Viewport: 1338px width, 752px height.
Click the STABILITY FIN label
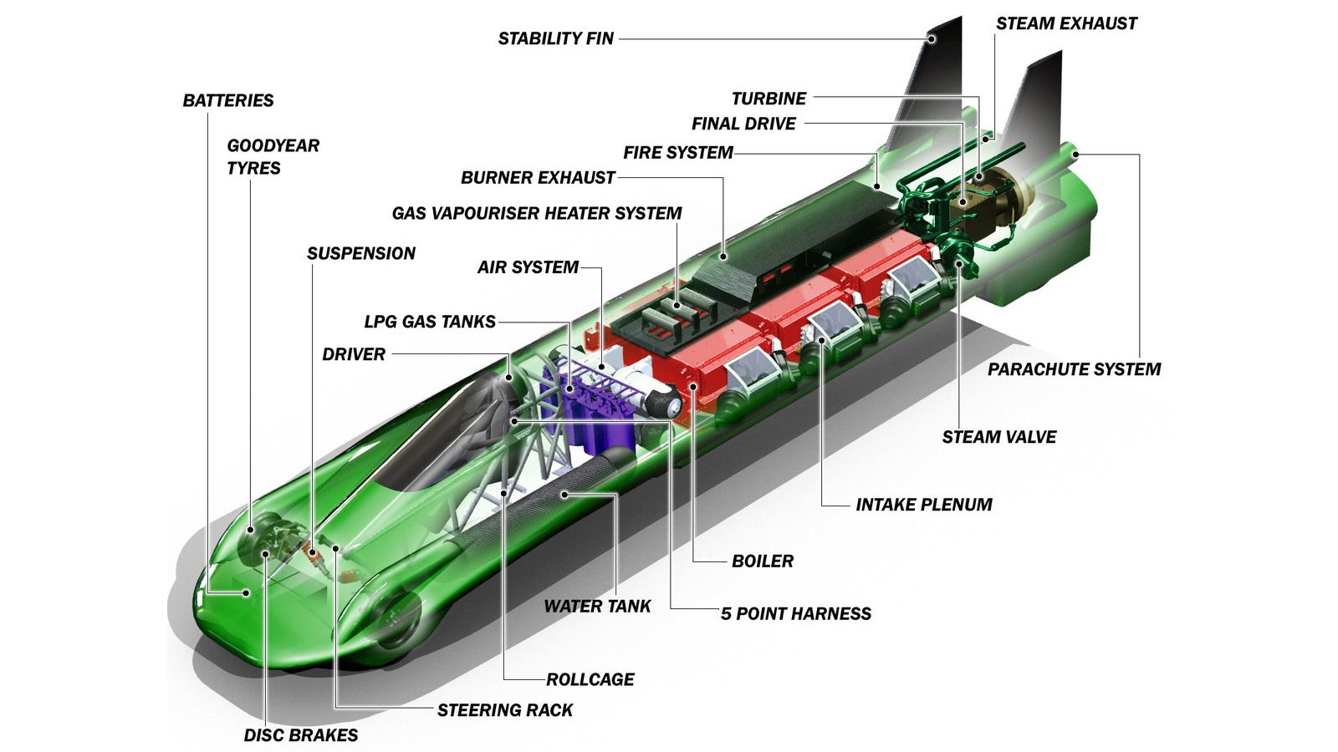click(555, 38)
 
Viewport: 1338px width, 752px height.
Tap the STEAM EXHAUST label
click(1066, 23)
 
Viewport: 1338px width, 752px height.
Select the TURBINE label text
click(769, 99)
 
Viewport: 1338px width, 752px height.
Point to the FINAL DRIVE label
click(743, 124)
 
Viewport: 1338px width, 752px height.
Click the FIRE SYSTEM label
click(677, 152)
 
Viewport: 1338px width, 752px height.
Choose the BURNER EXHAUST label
click(538, 178)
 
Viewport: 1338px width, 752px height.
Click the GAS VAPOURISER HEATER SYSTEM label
click(537, 213)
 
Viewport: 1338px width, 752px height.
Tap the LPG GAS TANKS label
click(430, 322)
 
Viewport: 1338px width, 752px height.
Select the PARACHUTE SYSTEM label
click(1074, 369)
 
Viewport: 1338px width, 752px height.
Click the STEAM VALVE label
click(998, 437)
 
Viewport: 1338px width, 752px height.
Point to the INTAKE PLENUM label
click(923, 505)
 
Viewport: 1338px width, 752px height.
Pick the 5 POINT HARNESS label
click(795, 614)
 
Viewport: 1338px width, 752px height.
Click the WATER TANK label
click(597, 607)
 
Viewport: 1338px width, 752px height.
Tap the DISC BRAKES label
click(300, 735)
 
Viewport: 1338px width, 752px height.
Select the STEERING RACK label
click(504, 710)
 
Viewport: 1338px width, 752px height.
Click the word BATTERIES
click(228, 100)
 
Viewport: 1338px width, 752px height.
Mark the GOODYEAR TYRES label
click(273, 156)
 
